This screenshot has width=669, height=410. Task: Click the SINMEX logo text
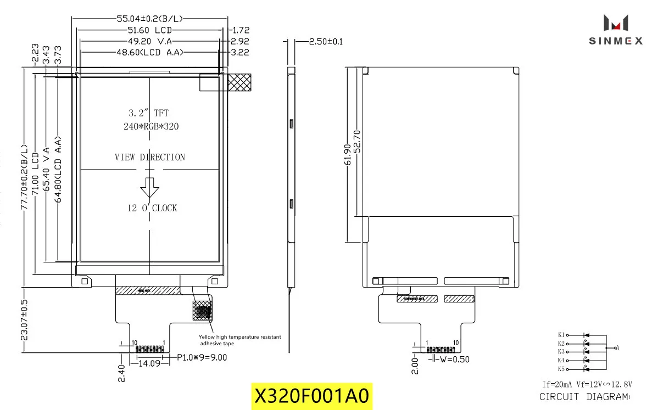coord(616,41)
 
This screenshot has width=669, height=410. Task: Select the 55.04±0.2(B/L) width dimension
coord(149,19)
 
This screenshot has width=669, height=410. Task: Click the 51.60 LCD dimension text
coord(149,30)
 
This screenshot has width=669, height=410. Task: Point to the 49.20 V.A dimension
coord(149,41)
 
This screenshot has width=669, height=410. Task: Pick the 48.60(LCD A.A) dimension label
coord(149,52)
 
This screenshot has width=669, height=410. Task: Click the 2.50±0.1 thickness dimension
coord(326,42)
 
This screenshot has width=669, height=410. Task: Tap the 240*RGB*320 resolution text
coord(151,126)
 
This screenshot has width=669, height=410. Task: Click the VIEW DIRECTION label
coord(150,158)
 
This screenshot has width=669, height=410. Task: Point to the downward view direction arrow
coord(149,187)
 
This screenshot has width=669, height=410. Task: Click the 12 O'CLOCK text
coord(152,208)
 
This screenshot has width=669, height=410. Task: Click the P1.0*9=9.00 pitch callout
coord(202,357)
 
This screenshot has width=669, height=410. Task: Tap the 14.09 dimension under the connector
coord(149,363)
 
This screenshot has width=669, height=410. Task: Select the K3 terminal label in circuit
coord(561,351)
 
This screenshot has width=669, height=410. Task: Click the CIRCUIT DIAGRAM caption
coord(584,397)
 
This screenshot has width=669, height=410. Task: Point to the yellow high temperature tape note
coord(239,340)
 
